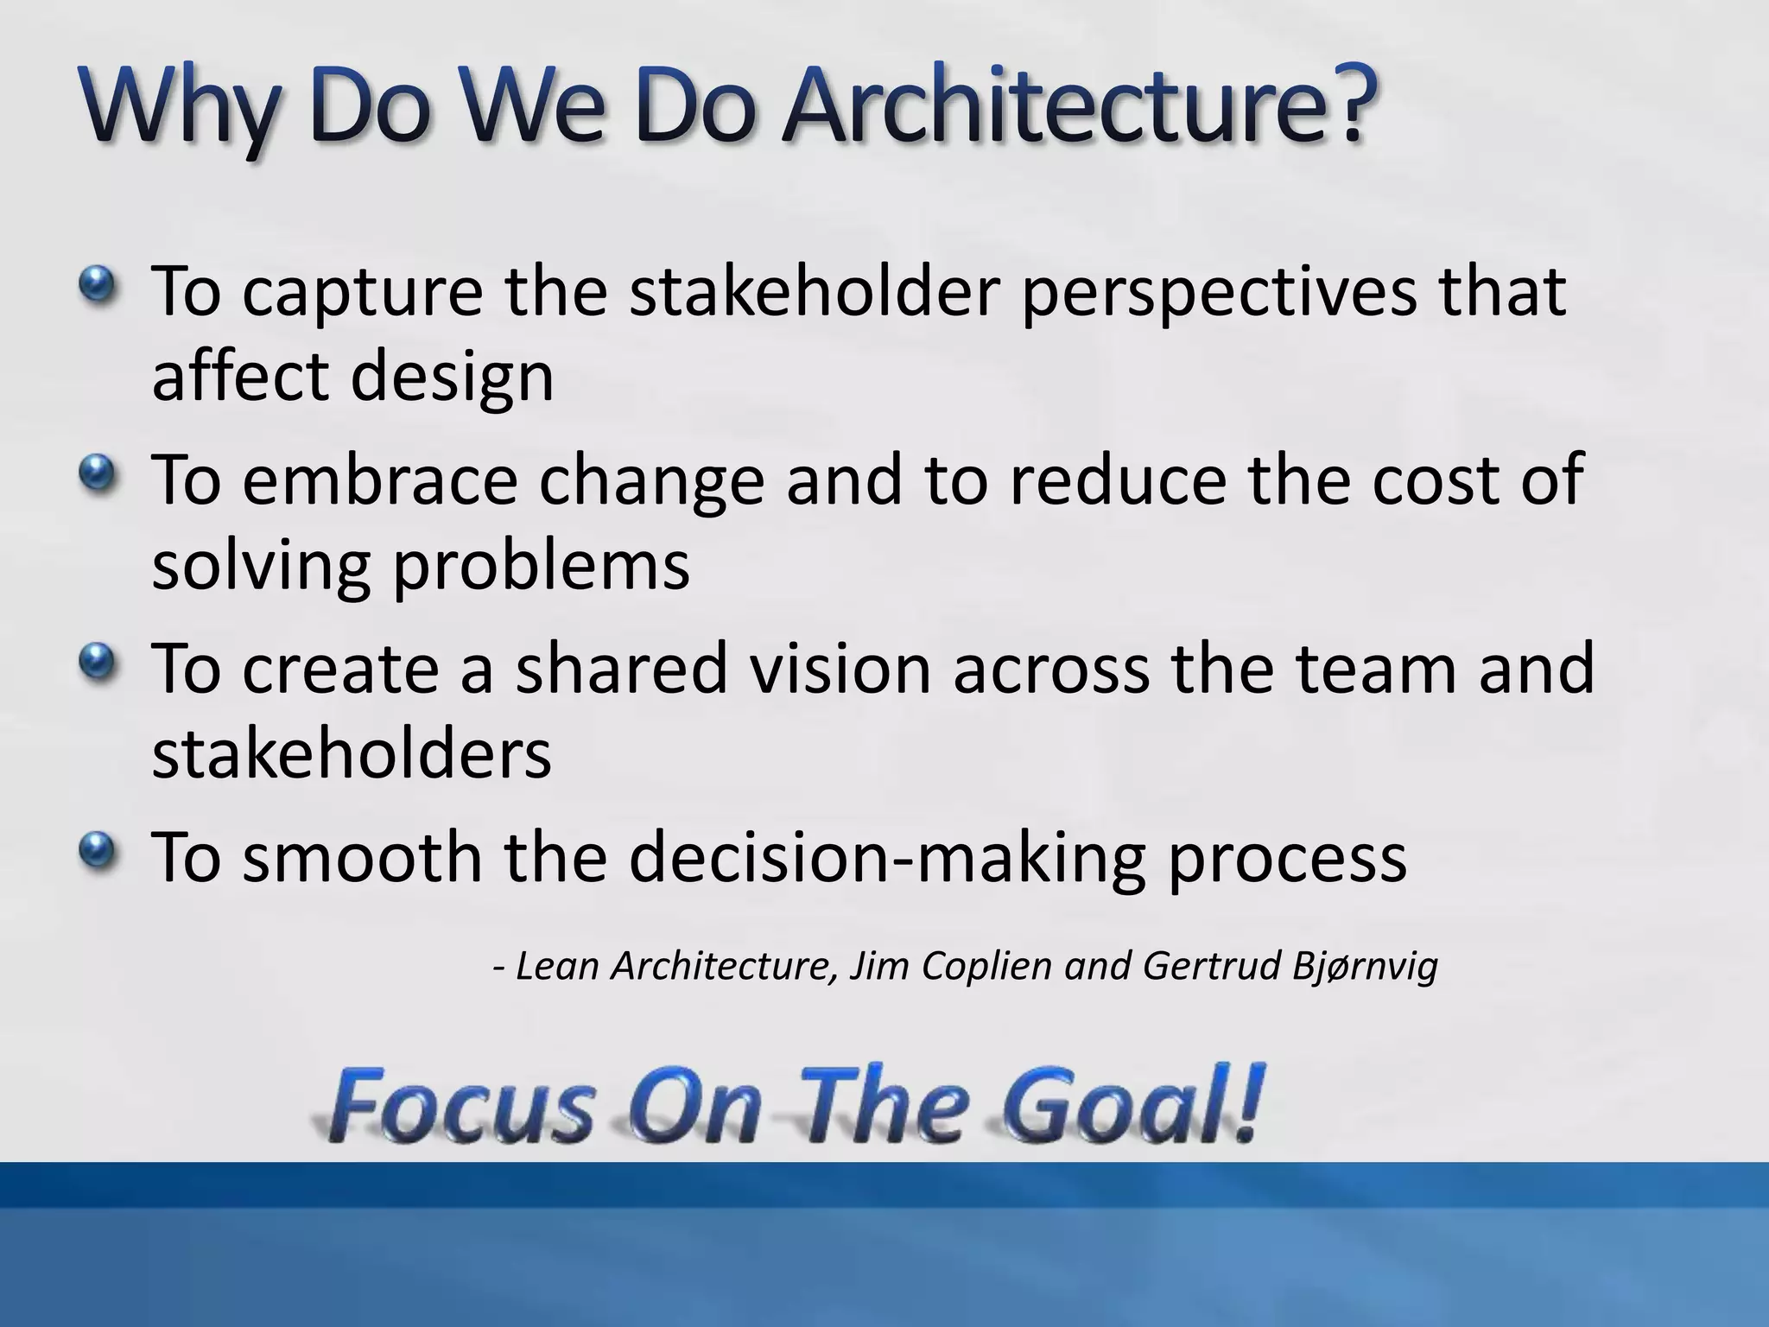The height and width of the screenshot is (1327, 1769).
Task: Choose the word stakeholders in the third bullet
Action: click(352, 752)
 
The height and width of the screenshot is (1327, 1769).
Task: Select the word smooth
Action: click(362, 856)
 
